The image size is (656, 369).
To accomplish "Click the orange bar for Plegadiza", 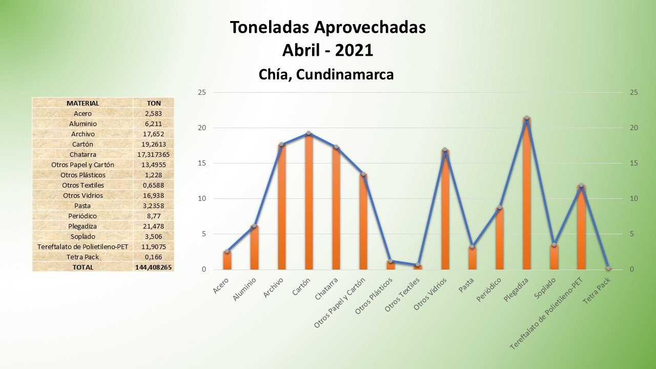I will pos(526,195).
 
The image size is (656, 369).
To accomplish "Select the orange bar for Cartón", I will pos(309,202).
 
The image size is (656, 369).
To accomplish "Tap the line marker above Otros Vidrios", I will pos(445,150).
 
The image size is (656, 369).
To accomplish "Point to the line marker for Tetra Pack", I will pos(608,268).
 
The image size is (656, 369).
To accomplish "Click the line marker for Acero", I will pos(227,251).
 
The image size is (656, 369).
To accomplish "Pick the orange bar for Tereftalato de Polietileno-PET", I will pos(581,228).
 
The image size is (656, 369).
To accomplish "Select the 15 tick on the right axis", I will pos(634,163).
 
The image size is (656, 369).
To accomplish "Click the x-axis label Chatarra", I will pos(326,290).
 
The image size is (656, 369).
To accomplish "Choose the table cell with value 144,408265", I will pos(154,267).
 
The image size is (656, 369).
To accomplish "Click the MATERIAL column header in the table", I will pos(83,103).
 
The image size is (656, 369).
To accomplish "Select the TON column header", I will pos(154,103).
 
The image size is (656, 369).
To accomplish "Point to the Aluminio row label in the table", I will pos(83,124).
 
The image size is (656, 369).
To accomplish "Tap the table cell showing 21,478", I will pos(154,226).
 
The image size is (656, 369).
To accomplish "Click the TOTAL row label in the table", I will pos(83,267).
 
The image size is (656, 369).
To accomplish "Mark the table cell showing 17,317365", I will pos(154,154).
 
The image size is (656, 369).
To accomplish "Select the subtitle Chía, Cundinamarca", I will pos(326,74).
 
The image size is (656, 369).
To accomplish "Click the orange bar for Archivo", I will pos(281,208).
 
